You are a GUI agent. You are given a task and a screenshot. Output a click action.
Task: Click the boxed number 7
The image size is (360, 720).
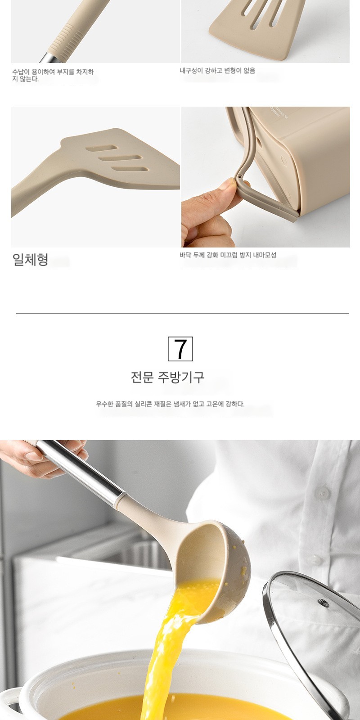click(x=180, y=349)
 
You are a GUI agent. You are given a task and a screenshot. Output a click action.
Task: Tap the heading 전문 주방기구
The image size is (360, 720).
click(x=167, y=377)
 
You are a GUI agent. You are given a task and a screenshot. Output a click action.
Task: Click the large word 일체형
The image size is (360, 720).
click(x=30, y=260)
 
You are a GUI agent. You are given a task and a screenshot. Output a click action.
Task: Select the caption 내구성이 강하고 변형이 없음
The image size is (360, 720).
click(x=217, y=70)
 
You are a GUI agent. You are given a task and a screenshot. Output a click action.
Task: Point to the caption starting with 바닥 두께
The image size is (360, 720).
click(x=228, y=255)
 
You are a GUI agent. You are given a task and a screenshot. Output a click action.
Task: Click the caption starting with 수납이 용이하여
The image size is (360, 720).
click(x=53, y=75)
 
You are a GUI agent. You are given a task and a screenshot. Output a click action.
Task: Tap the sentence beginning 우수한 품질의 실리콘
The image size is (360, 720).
click(x=171, y=404)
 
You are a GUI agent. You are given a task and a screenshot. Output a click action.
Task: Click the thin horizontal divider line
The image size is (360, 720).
click(x=182, y=313)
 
